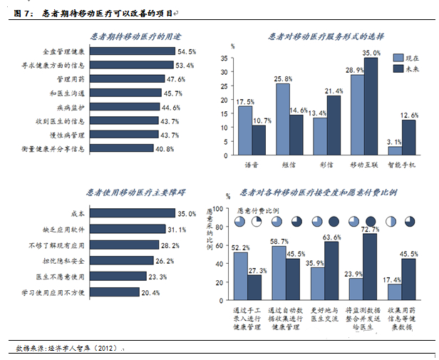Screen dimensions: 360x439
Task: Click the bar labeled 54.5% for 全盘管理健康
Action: (134, 52)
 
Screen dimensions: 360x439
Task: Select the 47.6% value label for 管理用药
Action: (185, 79)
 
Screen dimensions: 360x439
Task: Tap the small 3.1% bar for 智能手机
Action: (395, 150)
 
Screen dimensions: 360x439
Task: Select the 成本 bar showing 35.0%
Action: (134, 213)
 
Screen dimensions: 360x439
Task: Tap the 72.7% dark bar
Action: (368, 264)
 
